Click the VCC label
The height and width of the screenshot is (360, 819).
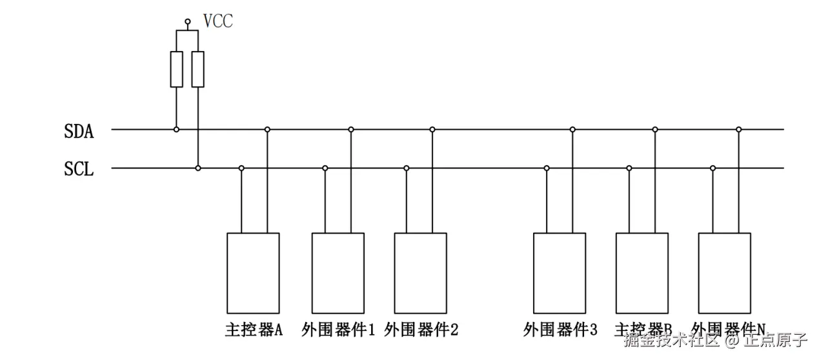[217, 21]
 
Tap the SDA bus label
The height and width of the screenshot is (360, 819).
[79, 132]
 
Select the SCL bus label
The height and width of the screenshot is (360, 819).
[79, 170]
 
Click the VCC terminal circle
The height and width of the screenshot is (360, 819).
[188, 22]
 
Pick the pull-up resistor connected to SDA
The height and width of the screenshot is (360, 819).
[176, 69]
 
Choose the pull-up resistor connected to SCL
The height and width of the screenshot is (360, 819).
[198, 69]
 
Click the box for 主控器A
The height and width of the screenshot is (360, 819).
[253, 273]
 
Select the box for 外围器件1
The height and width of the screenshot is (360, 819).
[338, 273]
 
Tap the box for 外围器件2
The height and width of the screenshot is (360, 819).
[420, 273]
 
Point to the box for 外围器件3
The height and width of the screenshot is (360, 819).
[560, 273]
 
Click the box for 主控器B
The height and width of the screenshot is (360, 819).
[642, 273]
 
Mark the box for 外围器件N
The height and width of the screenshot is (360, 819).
[725, 273]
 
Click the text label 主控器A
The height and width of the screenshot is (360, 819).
[254, 330]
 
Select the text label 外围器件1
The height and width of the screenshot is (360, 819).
[338, 330]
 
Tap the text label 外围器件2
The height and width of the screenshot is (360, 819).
[421, 330]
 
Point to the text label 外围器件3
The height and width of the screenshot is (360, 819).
[560, 330]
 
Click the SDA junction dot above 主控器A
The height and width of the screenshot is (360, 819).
[267, 130]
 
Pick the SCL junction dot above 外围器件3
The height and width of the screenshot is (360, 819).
[547, 168]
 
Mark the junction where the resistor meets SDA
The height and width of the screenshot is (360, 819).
[176, 130]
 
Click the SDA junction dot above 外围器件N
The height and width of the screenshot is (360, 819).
[739, 130]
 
